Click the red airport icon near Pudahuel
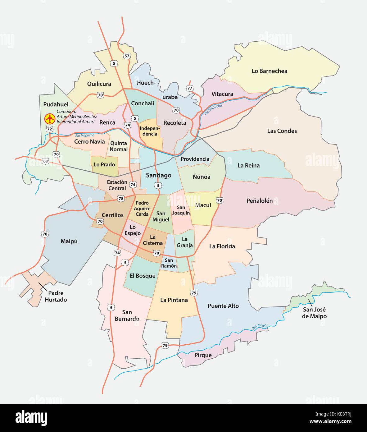[x=50, y=118]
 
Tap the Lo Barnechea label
[x=269, y=71]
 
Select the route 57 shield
[x=127, y=56]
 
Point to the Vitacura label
[x=222, y=94]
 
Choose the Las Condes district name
[x=282, y=131]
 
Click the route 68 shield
[x=46, y=161]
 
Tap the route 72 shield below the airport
[x=50, y=129]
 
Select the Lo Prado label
[x=104, y=164]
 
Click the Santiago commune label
[x=158, y=175]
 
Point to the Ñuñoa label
[x=202, y=177]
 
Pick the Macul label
[x=203, y=205]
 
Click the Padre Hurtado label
[x=56, y=296]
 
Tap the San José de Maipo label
[x=314, y=313]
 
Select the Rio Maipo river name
[x=259, y=326]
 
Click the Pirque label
[x=203, y=355]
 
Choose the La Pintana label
[x=174, y=300]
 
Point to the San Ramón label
[x=169, y=263]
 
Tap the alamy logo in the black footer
[x=31, y=418]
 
